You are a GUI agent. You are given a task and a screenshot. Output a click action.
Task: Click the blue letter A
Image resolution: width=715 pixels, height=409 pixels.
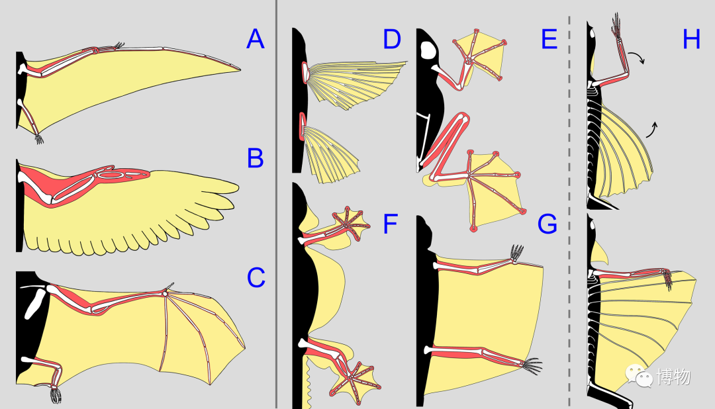[x=255, y=40]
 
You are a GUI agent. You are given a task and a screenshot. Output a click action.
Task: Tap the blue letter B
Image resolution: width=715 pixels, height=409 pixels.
[x=255, y=159]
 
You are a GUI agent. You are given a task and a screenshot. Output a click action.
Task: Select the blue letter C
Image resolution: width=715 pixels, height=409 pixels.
[x=256, y=278]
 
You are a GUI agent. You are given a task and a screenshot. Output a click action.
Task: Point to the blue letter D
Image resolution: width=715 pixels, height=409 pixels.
[x=392, y=40]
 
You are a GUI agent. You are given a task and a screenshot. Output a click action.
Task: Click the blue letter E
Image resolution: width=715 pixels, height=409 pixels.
[x=548, y=40]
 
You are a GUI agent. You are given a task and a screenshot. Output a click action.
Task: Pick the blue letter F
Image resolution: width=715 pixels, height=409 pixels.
[x=391, y=225]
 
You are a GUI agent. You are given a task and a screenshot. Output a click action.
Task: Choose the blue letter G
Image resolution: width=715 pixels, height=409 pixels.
[x=548, y=225]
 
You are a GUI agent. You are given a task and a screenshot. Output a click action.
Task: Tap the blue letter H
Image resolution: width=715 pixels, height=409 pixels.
[x=691, y=40]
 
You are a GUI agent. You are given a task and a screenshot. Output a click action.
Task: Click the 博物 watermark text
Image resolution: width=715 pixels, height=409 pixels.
[x=673, y=377]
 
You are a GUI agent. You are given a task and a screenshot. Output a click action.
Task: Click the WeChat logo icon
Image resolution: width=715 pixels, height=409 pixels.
[x=640, y=377]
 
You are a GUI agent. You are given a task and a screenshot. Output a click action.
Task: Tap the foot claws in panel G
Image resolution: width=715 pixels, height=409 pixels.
[x=532, y=363]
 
